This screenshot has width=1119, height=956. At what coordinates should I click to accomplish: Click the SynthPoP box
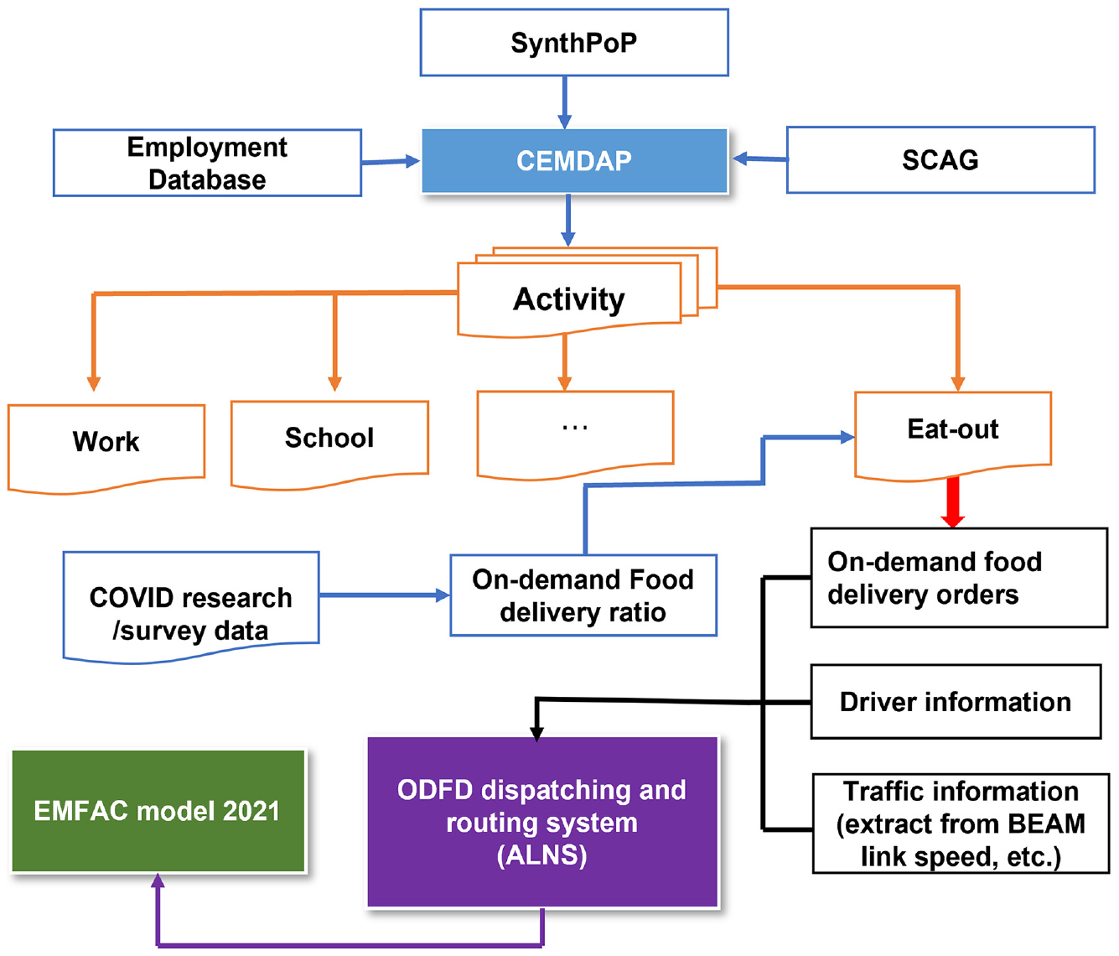pyautogui.click(x=574, y=42)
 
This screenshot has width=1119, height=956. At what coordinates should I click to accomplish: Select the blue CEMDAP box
pyautogui.click(x=574, y=160)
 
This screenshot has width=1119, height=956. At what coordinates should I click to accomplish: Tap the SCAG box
pyautogui.click(x=940, y=160)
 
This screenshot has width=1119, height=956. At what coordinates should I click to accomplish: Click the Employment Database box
pyautogui.click(x=207, y=163)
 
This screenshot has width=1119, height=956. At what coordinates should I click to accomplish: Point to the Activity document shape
pyautogui.click(x=569, y=299)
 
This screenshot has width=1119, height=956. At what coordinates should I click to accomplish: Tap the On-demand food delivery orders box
pyautogui.click(x=959, y=578)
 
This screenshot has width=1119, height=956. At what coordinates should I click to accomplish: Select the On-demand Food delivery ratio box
pyautogui.click(x=583, y=595)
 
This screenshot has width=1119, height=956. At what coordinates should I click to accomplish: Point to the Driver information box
pyautogui.click(x=956, y=701)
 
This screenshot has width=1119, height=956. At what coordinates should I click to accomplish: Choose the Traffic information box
pyautogui.click(x=961, y=824)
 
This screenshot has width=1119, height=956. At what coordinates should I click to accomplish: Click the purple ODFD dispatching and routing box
pyautogui.click(x=542, y=822)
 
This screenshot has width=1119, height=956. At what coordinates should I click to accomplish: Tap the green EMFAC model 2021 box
pyautogui.click(x=158, y=811)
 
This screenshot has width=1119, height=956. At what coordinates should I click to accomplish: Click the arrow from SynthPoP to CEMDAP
pyautogui.click(x=565, y=102)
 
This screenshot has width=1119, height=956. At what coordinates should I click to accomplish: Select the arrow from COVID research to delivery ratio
pyautogui.click(x=385, y=595)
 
